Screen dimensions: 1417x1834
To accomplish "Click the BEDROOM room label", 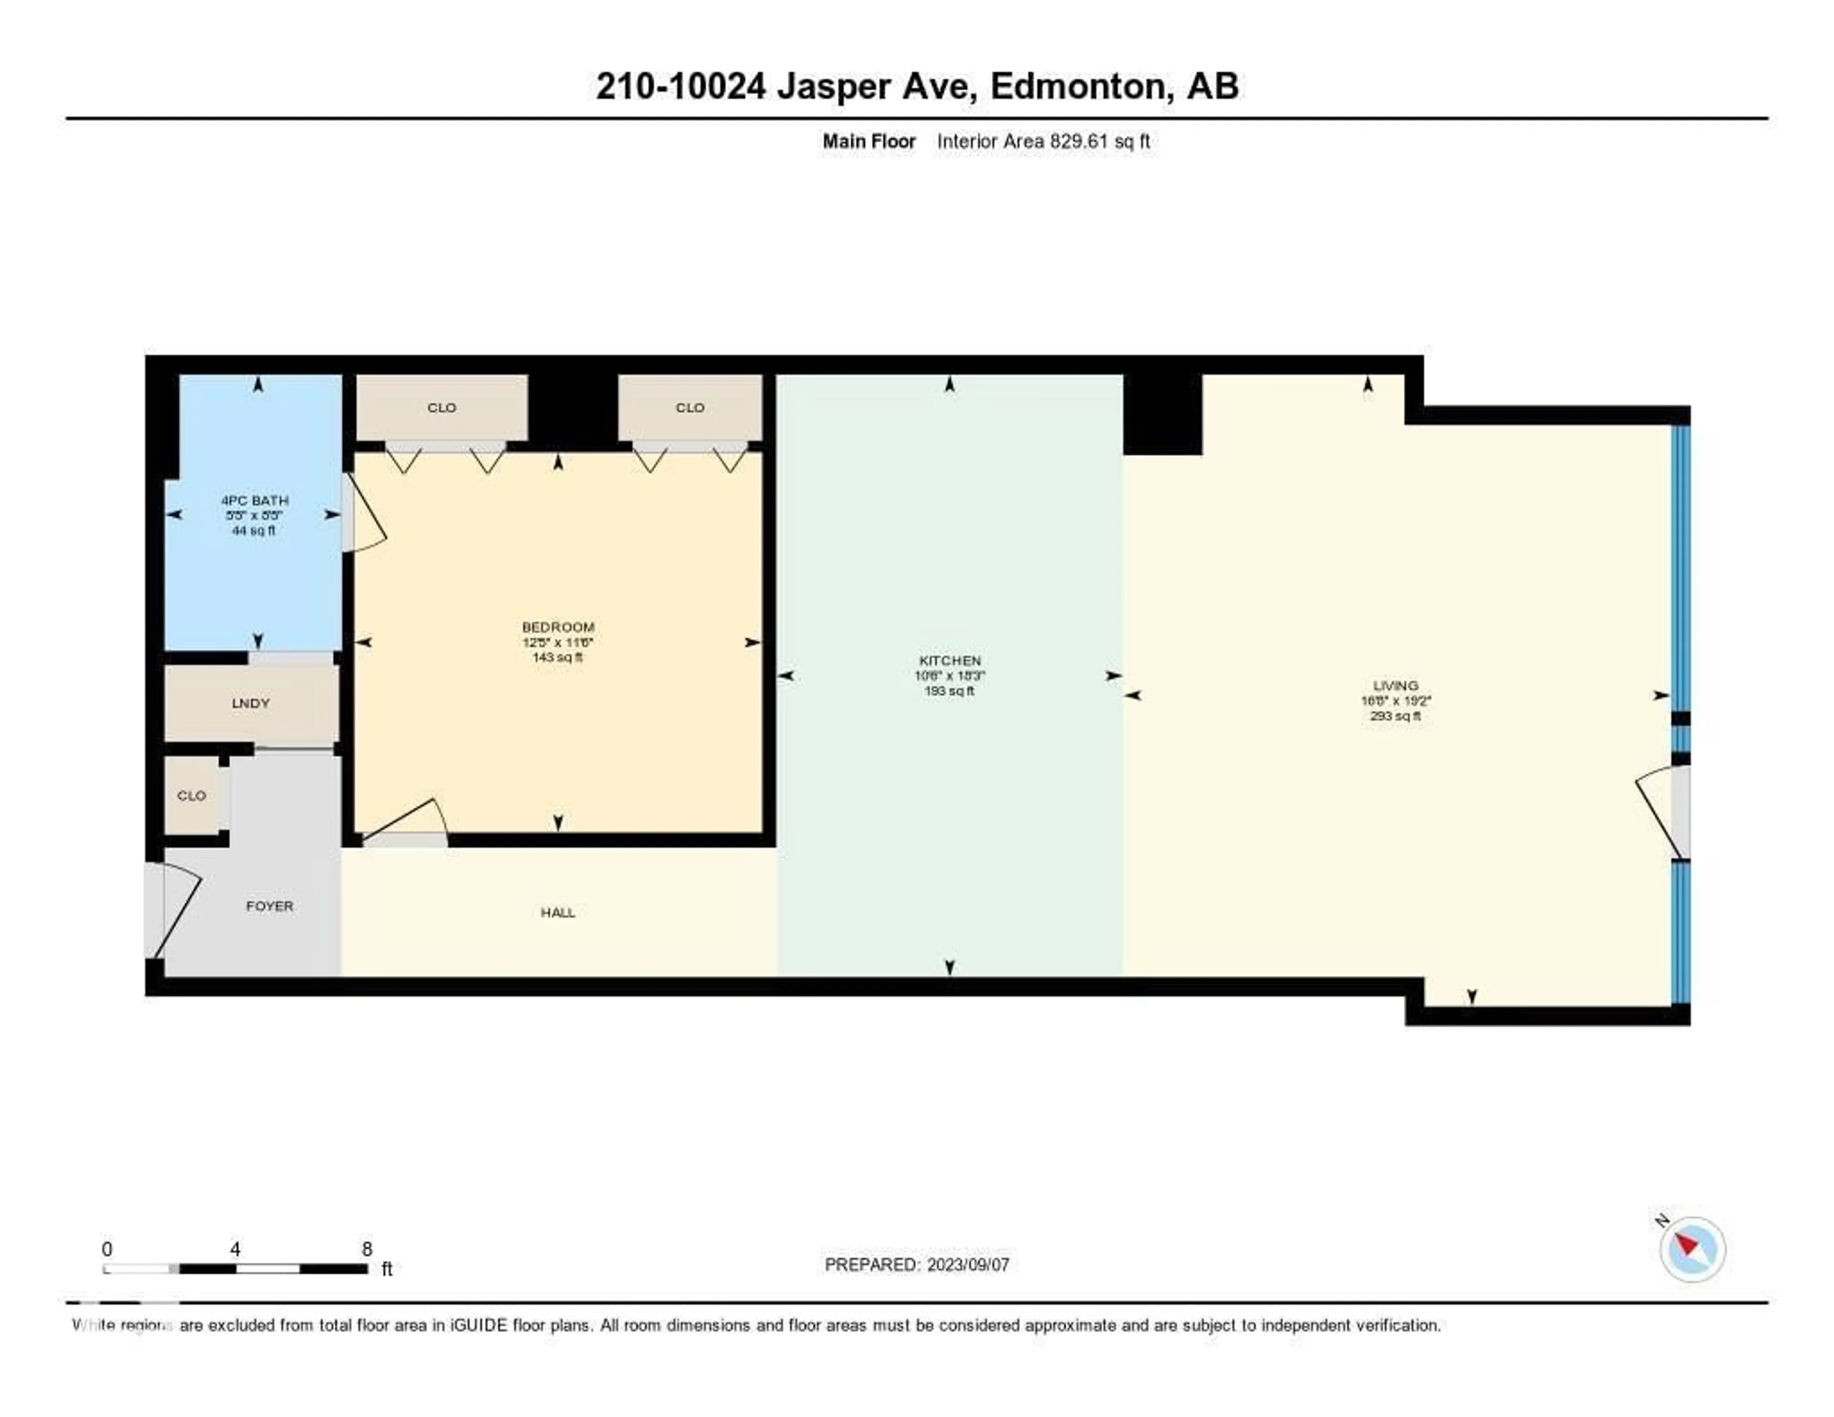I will coord(557,627).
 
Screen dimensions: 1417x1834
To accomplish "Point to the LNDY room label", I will coord(250,703).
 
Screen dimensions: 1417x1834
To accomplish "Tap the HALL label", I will coord(557,912).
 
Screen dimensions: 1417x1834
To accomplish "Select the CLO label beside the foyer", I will coord(192,795).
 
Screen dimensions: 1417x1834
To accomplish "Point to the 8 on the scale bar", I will coord(367,1249).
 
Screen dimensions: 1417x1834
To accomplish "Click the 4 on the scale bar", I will coord(235,1249).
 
